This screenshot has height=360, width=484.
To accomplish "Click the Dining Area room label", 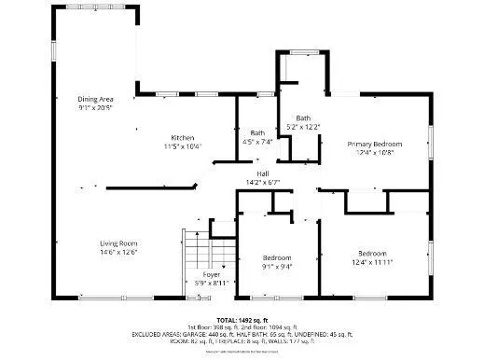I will click(95, 98).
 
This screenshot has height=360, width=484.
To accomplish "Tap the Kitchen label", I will click(182, 137).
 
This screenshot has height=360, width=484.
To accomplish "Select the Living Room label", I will click(118, 243).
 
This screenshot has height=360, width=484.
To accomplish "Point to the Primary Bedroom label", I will click(375, 144).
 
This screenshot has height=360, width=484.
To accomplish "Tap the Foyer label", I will click(211, 274).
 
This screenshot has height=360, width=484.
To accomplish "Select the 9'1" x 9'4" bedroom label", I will click(276, 257).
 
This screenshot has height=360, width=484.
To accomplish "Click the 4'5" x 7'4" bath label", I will click(256, 132).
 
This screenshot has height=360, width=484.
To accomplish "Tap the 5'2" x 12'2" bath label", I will click(303, 118).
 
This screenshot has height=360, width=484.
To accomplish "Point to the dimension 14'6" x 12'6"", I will click(118, 252).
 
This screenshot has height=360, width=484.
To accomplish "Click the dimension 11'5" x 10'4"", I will click(182, 146).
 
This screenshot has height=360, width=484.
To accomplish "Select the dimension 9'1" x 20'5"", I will click(95, 106).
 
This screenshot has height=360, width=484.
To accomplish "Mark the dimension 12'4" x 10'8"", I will click(375, 153).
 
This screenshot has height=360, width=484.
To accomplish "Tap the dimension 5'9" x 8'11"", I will click(211, 283).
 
